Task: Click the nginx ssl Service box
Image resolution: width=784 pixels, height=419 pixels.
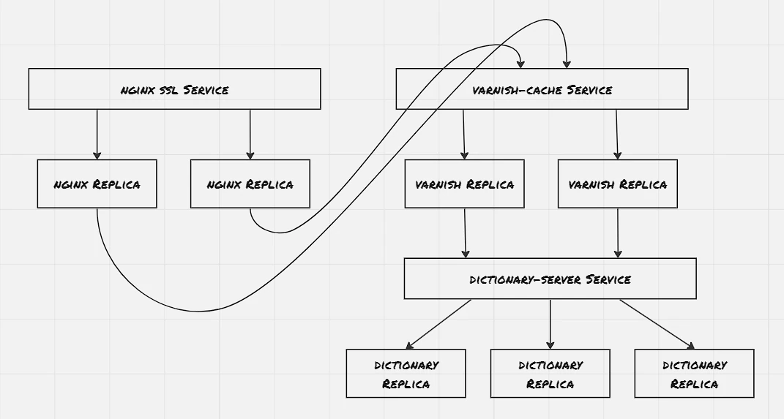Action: [x=174, y=89]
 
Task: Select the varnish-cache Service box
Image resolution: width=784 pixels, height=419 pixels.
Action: [x=542, y=89]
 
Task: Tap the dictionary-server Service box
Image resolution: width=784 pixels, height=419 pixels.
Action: [x=550, y=279]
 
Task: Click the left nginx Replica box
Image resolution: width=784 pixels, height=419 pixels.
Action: [x=97, y=184]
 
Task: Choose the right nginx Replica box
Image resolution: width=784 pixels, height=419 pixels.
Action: [x=250, y=184]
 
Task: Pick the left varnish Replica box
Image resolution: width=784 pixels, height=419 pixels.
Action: [x=465, y=184]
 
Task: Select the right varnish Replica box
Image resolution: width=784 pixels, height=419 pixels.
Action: [x=618, y=184]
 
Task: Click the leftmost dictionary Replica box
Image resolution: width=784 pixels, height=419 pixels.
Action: [x=406, y=374]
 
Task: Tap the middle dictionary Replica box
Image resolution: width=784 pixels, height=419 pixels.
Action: [x=550, y=374]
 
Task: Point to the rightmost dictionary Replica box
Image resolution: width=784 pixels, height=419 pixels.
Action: [x=694, y=374]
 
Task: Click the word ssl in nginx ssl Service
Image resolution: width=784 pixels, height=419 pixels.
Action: [x=169, y=91]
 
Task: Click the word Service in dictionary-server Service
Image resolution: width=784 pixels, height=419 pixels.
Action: [x=608, y=279]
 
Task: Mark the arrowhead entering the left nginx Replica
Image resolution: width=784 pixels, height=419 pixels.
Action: [x=97, y=156]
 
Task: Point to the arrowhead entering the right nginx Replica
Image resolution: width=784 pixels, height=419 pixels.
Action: [x=250, y=156]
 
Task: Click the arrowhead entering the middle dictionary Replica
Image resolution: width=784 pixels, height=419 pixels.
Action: [x=550, y=345]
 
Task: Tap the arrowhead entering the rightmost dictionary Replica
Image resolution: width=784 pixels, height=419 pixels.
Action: [x=692, y=346]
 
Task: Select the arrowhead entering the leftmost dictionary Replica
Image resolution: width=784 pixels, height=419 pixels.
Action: [x=409, y=346]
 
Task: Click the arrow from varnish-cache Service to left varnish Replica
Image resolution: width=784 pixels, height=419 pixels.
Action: [x=463, y=135]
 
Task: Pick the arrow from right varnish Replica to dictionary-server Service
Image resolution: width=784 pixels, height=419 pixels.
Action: [x=618, y=233]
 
